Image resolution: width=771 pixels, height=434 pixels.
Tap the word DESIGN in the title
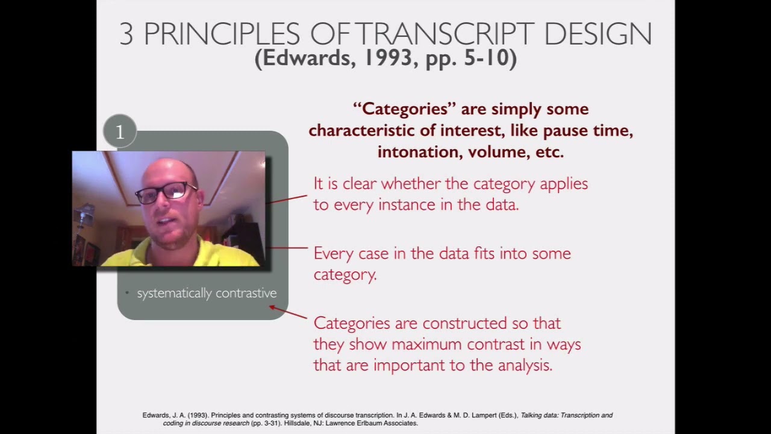pyautogui.click(x=598, y=34)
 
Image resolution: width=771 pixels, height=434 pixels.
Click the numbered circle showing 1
pyautogui.click(x=120, y=131)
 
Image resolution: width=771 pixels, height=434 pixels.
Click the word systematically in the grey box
pyautogui.click(x=174, y=293)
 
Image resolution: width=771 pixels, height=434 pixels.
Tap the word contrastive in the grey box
pyautogui.click(x=246, y=293)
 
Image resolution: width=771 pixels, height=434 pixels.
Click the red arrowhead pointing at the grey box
pyautogui.click(x=272, y=307)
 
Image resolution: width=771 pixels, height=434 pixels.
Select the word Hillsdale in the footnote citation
pyautogui.click(x=297, y=423)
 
